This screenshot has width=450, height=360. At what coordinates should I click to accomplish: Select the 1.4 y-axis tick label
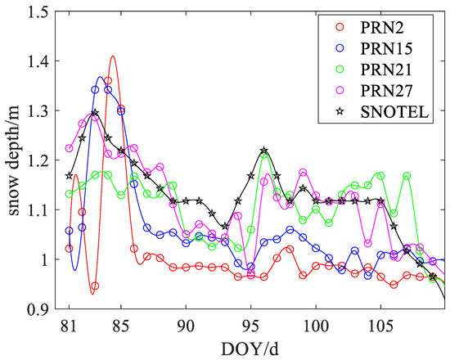coord(37,61)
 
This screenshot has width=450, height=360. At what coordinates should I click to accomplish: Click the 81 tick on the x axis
coord(69,324)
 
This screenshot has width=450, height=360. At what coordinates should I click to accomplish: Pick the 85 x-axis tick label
coord(121,324)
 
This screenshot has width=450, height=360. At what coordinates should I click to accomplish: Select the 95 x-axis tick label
coord(250,324)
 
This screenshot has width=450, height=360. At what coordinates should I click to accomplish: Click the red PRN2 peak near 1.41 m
coord(112,56)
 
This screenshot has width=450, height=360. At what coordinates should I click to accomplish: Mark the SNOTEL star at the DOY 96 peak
coord(264,151)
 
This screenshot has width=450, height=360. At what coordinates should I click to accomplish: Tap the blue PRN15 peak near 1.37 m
coord(101,77)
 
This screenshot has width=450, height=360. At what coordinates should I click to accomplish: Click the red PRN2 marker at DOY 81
coord(69,248)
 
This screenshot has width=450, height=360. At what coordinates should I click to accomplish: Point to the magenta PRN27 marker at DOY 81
coord(69,148)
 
